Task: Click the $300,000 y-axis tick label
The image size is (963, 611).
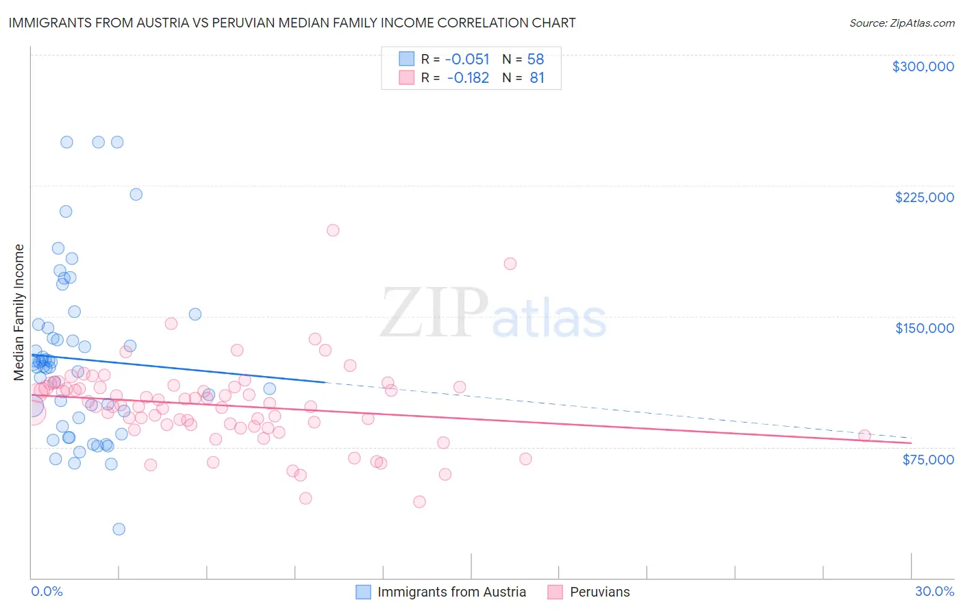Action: click(923, 66)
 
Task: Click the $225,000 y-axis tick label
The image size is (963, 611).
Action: click(924, 197)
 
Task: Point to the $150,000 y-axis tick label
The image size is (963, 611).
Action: click(924, 328)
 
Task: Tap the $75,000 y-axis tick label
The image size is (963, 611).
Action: click(927, 460)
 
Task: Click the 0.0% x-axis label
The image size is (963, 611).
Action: click(47, 591)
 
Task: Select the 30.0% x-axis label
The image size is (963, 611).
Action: click(934, 591)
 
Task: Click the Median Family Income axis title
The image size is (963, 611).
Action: click(19, 312)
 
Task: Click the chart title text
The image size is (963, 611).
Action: click(292, 23)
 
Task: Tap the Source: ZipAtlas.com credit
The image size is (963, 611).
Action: click(901, 23)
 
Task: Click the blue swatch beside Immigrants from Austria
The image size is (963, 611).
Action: click(363, 592)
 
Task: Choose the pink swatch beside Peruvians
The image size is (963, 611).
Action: click(555, 592)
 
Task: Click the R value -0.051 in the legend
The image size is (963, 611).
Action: click(467, 59)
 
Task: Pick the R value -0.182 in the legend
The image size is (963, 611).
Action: click(468, 78)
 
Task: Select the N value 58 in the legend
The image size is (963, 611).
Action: click(536, 59)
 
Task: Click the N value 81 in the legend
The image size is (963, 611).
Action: click(537, 78)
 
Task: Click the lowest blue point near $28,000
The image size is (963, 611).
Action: click(118, 529)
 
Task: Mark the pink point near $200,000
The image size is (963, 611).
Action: click(333, 230)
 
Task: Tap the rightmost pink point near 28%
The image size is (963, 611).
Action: click(864, 436)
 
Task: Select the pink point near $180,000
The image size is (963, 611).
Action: click(510, 264)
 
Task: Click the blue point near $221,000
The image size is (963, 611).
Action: click(136, 195)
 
